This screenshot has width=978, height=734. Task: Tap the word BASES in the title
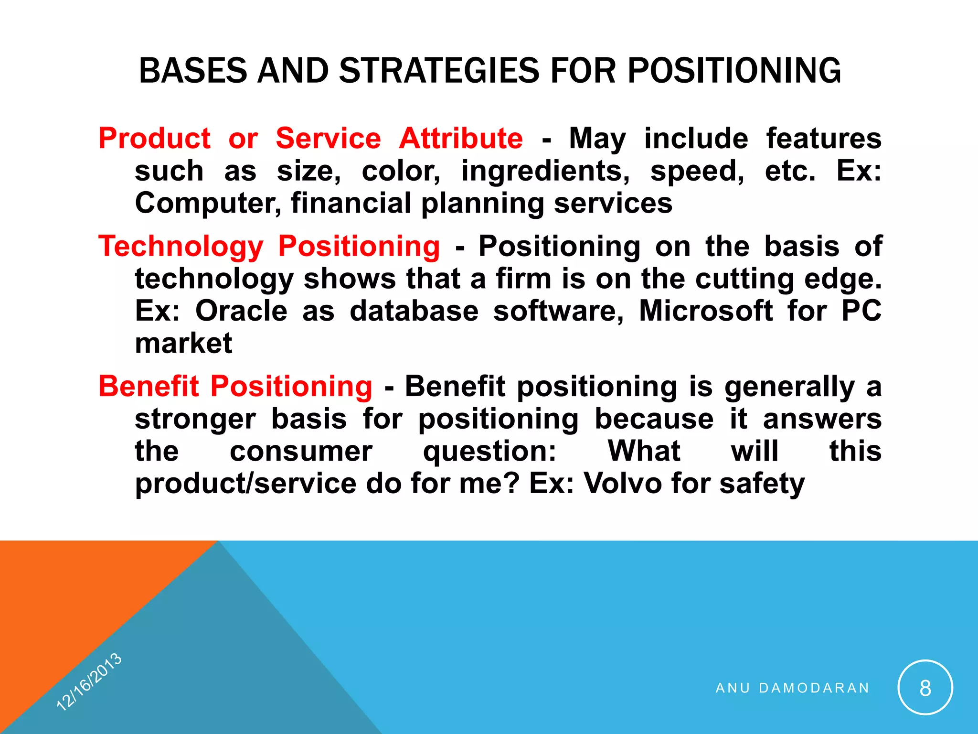[193, 71]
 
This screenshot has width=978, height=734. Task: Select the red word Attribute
[461, 139]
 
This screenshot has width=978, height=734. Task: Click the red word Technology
[181, 247]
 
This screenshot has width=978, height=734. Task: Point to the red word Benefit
[149, 386]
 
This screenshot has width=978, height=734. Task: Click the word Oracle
[241, 311]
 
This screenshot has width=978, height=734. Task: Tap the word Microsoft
[706, 311]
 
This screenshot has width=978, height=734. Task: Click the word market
[183, 344]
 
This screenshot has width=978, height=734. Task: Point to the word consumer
[301, 452]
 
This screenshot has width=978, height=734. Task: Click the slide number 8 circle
[925, 688]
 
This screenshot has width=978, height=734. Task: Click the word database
[414, 311]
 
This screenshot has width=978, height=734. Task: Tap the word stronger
[195, 420]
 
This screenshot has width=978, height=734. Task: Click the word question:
[490, 452]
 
